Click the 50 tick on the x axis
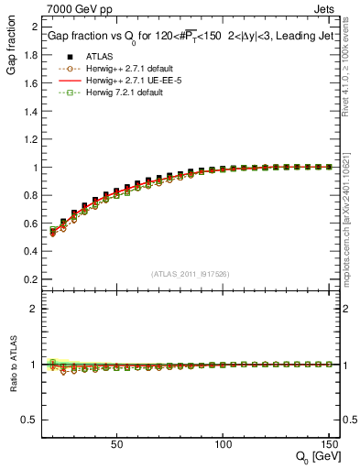116,444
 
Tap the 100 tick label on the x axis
222,444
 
